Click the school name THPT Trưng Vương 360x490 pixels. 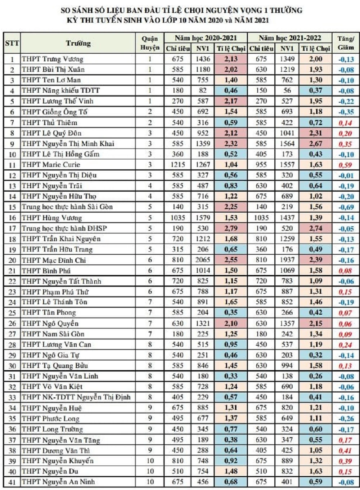click(53, 59)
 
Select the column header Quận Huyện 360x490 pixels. click(150, 43)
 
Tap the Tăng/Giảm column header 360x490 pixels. click(345, 43)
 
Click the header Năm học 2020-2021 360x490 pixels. click(206, 38)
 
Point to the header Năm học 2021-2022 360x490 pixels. click(290, 38)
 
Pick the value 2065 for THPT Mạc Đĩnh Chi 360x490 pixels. click(203, 260)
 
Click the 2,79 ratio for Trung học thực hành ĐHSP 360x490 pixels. click(231, 228)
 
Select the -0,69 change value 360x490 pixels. click(346, 207)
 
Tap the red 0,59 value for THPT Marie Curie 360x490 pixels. click(345, 165)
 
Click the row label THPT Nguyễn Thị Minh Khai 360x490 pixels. click(68, 143)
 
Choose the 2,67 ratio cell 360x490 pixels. click(315, 143)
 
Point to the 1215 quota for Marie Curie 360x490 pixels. click(177, 165)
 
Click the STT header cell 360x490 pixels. click(12, 43)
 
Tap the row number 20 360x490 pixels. click(12, 260)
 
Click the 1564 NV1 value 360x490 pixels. click(287, 143)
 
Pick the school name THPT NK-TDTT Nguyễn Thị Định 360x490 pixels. click(76, 397)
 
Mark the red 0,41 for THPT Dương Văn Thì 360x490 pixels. click(345, 450)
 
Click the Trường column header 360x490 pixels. click(78, 43)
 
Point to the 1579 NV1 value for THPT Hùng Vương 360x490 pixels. click(203, 218)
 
